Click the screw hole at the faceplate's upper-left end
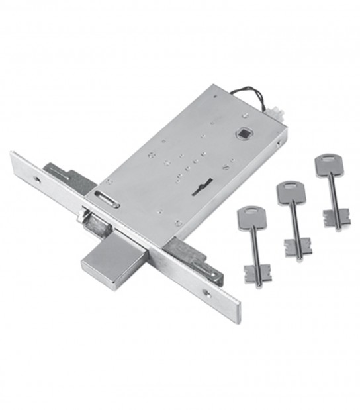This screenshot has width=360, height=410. tap(36, 179)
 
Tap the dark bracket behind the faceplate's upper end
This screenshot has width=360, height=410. tap(66, 174)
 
